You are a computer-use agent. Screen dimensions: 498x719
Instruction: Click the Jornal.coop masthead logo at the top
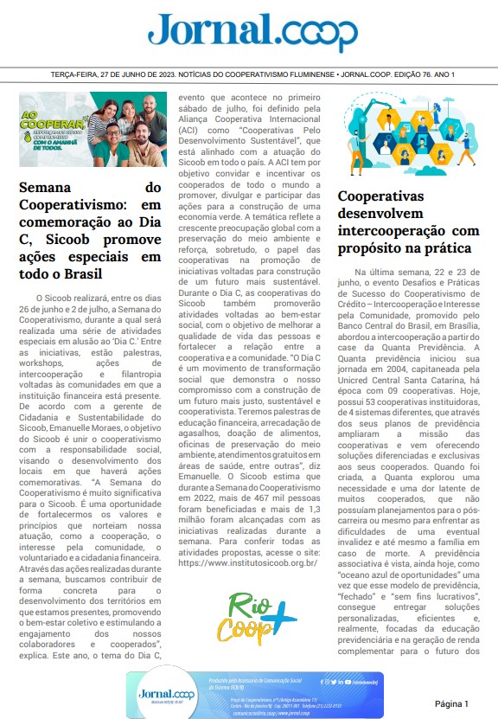[251, 32]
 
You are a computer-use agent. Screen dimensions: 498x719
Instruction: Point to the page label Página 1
[457, 703]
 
